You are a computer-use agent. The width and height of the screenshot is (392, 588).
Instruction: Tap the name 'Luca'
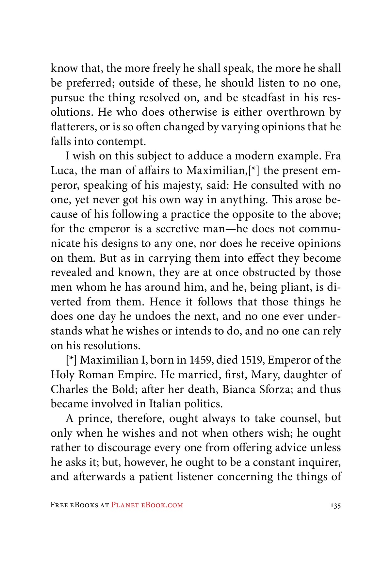click(63, 171)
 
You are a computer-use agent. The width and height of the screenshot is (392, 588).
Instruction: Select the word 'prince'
click(94, 419)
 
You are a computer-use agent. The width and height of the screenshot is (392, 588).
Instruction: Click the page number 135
click(335, 505)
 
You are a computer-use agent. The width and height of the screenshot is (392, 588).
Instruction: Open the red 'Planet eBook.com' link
click(147, 505)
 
